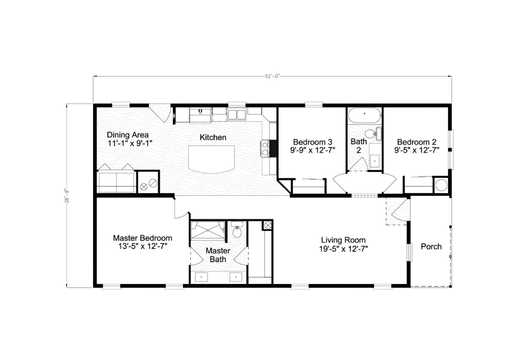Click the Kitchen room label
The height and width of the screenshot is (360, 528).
pos(213,137)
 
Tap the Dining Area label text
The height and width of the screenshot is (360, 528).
pos(128,135)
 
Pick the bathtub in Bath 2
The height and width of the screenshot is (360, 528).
pos(364,116)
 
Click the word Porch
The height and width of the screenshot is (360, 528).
pos(431,246)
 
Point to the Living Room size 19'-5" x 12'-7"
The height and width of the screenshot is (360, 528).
pos(343,248)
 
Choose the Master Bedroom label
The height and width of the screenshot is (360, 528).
pos(143,238)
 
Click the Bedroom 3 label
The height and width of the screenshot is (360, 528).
pos(312,142)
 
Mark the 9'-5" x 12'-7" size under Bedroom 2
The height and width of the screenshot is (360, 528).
pos(417,150)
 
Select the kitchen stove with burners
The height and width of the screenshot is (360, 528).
pos(265,148)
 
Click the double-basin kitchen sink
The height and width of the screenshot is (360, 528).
pos(237,115)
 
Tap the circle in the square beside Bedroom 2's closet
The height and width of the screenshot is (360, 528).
pos(440,185)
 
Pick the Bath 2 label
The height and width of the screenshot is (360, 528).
pos(359,146)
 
